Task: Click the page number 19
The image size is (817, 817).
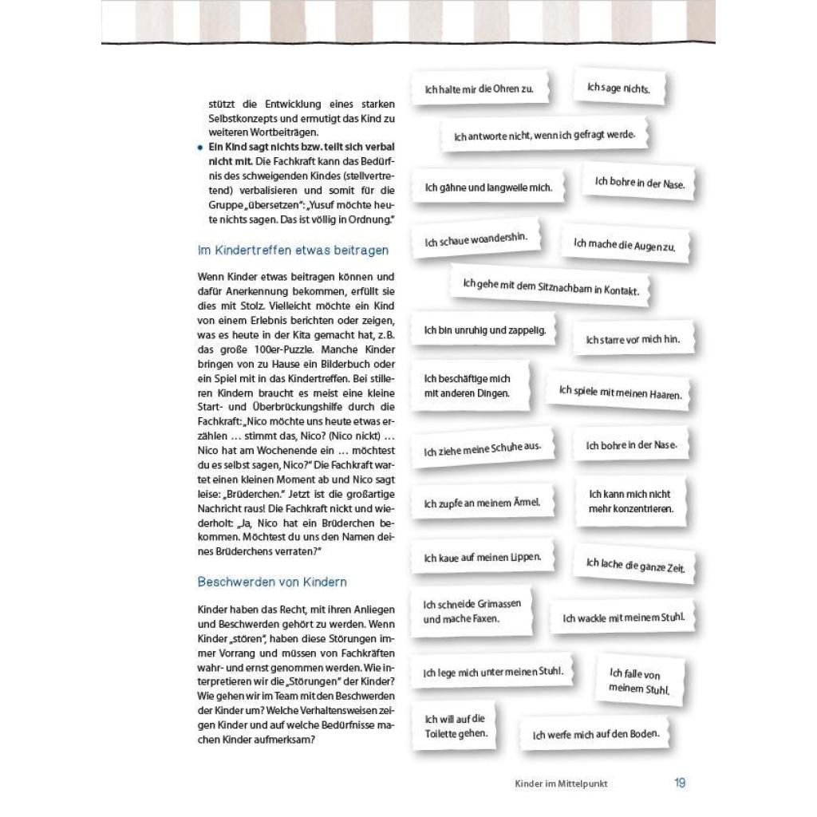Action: [680, 783]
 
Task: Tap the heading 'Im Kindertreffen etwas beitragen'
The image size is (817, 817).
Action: [293, 251]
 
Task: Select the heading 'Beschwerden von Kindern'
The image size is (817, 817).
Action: [272, 582]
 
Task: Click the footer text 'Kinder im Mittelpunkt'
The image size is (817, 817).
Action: [567, 784]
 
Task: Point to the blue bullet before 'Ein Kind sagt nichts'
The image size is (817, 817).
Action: [199, 148]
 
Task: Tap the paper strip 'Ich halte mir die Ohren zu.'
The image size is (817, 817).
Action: [479, 89]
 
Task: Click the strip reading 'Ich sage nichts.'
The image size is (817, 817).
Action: [618, 88]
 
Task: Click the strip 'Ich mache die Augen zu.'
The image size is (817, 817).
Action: [624, 246]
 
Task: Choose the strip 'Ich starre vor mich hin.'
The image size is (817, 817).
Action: [633, 339]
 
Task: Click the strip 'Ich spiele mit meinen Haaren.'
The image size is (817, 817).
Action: [619, 392]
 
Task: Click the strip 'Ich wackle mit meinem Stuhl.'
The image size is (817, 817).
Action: [623, 618]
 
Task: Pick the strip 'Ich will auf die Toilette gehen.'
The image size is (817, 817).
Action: [456, 726]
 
